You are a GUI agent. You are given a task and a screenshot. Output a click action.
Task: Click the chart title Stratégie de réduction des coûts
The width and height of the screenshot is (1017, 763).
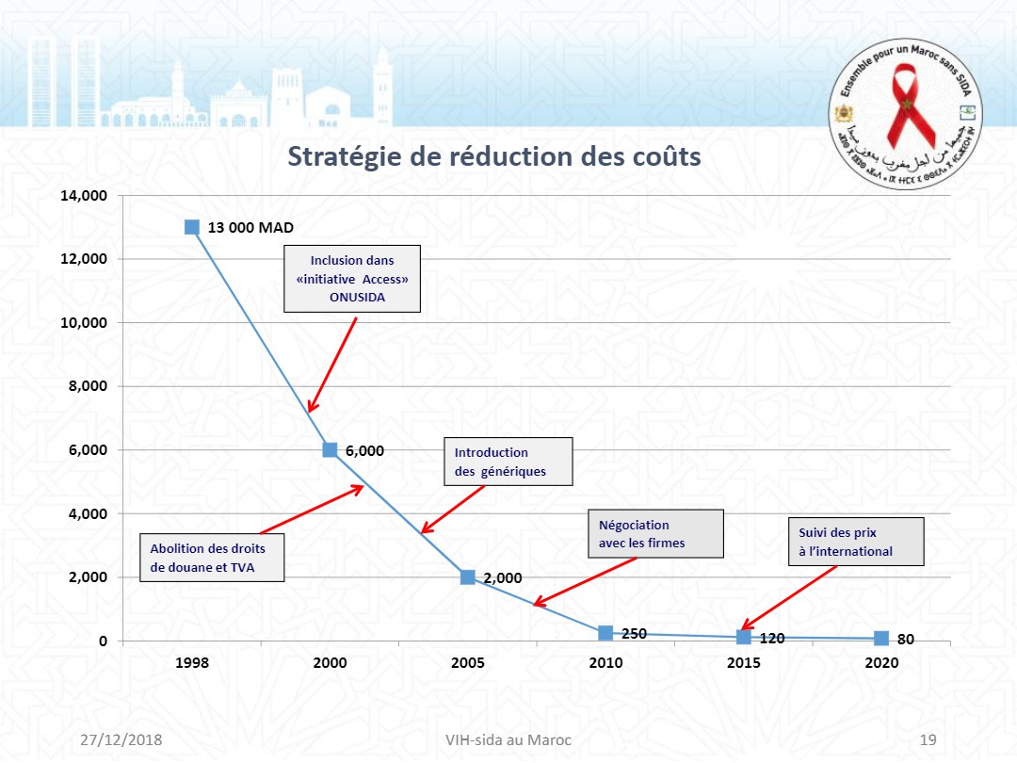click(493, 155)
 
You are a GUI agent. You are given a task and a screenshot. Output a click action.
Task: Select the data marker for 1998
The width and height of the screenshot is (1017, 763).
click(192, 227)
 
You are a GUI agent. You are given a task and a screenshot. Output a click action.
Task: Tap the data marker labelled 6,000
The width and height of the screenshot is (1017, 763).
click(330, 449)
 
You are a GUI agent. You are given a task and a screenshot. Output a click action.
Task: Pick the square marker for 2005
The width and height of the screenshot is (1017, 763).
click(468, 577)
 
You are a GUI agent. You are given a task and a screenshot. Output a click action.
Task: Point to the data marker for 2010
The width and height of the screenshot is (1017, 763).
click(605, 633)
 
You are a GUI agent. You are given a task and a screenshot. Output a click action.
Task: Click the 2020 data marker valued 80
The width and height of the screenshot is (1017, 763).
click(881, 639)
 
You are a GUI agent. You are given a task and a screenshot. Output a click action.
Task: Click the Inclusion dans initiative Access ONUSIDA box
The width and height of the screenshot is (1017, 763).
click(352, 279)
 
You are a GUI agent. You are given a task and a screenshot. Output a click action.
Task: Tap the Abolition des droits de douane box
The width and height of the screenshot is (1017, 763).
click(212, 558)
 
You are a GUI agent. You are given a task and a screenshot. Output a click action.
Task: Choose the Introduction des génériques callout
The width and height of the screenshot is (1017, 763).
click(508, 462)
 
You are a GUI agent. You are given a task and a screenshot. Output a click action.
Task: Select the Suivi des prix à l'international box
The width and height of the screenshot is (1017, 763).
click(855, 542)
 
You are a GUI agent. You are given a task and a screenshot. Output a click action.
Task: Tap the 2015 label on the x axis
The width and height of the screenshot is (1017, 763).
click(744, 663)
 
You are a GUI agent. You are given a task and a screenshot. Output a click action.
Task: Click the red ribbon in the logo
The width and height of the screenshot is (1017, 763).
click(904, 111)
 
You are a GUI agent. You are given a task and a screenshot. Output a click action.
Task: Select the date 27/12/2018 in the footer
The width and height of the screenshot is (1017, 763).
click(121, 739)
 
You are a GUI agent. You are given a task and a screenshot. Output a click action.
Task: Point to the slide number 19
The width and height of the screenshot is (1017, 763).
click(928, 739)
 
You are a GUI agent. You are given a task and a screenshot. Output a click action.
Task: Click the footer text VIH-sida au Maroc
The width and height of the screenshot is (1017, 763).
click(508, 739)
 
